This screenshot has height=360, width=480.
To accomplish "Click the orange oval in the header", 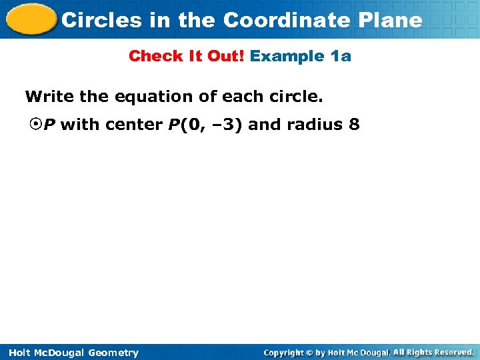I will pyautogui.click(x=29, y=19).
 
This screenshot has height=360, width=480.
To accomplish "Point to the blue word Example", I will pyautogui.click(x=288, y=56).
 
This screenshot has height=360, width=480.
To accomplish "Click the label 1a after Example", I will pyautogui.click(x=341, y=56).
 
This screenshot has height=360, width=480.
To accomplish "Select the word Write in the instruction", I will pyautogui.click(x=49, y=97).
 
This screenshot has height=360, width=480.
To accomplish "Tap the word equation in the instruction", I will pyautogui.click(x=149, y=97).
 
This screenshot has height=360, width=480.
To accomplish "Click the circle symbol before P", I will pyautogui.click(x=36, y=125).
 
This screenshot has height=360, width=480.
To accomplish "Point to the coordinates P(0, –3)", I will pyautogui.click(x=201, y=125).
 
